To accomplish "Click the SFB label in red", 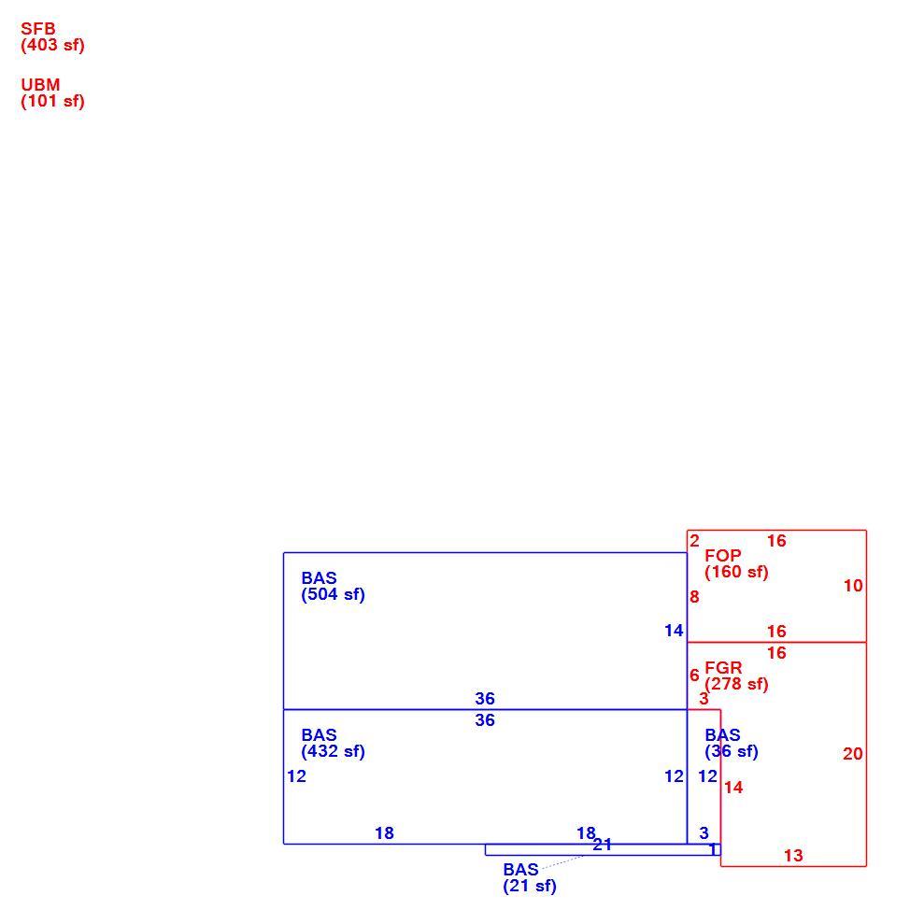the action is pyautogui.click(x=38, y=28).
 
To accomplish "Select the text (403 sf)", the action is pyautogui.click(x=53, y=45).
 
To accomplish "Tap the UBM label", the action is pyautogui.click(x=40, y=85).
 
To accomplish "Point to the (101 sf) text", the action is pyautogui.click(x=53, y=102).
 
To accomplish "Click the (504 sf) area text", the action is pyautogui.click(x=334, y=595).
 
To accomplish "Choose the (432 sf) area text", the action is pyautogui.click(x=334, y=751).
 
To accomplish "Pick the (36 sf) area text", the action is pyautogui.click(x=732, y=751).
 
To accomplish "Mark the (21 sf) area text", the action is pyautogui.click(x=530, y=887).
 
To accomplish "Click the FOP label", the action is pyautogui.click(x=723, y=555).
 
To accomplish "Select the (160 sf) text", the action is pyautogui.click(x=736, y=572).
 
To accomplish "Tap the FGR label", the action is pyautogui.click(x=724, y=667).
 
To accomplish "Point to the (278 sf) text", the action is pyautogui.click(x=736, y=684).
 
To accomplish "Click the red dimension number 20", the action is pyautogui.click(x=853, y=754).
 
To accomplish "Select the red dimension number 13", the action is pyautogui.click(x=793, y=856).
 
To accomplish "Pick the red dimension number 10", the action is pyautogui.click(x=853, y=586).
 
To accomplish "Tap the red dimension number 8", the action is pyautogui.click(x=695, y=597).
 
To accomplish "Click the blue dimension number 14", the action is pyautogui.click(x=674, y=631).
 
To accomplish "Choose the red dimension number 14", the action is pyautogui.click(x=733, y=788).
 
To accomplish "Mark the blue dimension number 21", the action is pyautogui.click(x=603, y=845).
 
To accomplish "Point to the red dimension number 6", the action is pyautogui.click(x=695, y=675).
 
